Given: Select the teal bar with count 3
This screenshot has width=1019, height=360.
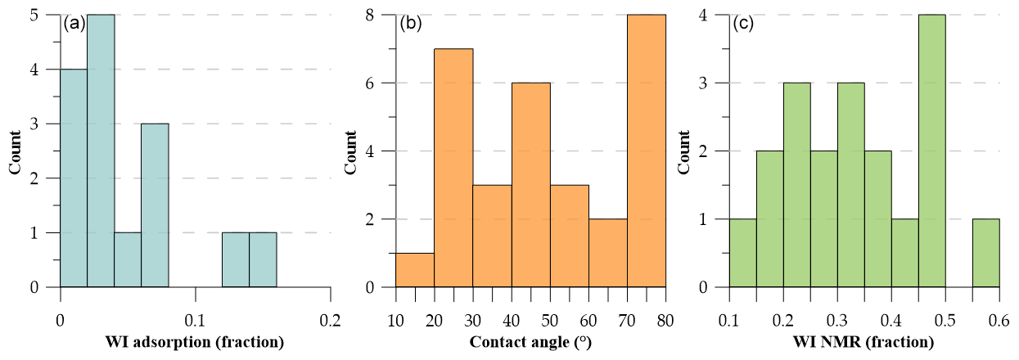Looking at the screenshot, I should click(x=155, y=205).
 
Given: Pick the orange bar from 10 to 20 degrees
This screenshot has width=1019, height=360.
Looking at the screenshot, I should click(x=414, y=270).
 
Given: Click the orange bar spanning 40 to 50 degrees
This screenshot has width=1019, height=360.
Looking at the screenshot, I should click(x=530, y=185).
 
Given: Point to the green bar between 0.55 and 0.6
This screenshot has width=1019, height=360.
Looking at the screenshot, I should click(x=985, y=253).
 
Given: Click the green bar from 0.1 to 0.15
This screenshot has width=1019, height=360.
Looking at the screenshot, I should click(x=742, y=253).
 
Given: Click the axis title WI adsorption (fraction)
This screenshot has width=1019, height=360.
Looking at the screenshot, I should click(x=195, y=342).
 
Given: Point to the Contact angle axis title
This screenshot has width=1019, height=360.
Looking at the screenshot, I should click(x=530, y=342).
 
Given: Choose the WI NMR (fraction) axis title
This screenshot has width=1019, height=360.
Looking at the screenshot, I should click(x=864, y=342).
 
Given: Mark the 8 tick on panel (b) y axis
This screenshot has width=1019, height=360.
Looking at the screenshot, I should click(x=381, y=15).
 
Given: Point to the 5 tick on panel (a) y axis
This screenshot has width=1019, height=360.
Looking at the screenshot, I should click(x=50, y=15).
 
